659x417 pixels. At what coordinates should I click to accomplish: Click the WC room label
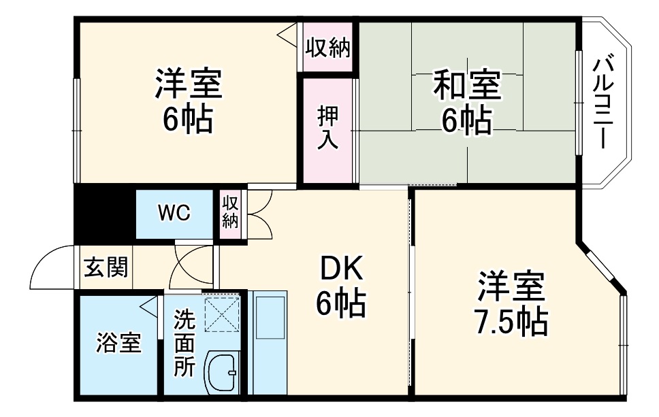[x=175, y=213]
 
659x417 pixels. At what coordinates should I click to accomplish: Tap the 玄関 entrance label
[x=106, y=267]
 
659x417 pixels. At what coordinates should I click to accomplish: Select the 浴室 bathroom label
[x=118, y=343]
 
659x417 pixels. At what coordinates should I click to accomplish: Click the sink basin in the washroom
[x=221, y=373]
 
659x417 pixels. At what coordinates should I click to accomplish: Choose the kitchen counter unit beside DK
[x=269, y=343]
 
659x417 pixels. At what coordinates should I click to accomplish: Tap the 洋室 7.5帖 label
[x=511, y=303]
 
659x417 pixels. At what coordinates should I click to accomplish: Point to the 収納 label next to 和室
[x=327, y=48]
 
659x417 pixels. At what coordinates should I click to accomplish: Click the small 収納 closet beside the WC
[x=231, y=212]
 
